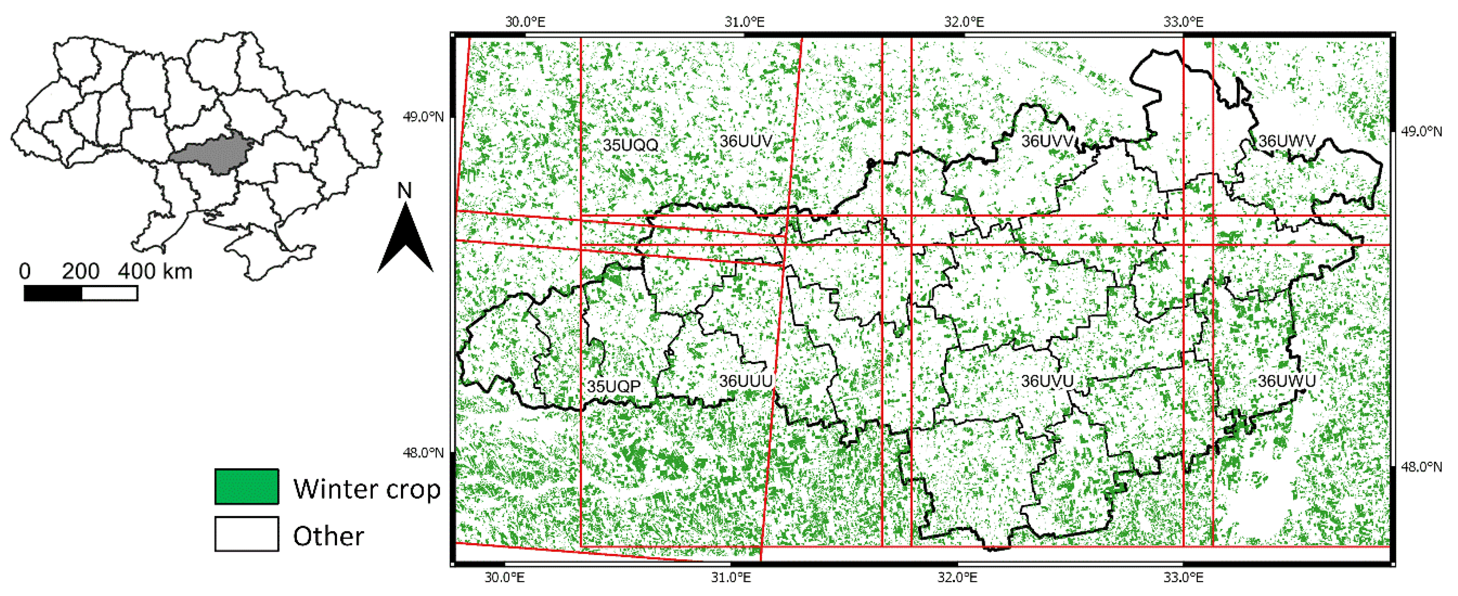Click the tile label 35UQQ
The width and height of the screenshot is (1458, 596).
pyautogui.click(x=630, y=145)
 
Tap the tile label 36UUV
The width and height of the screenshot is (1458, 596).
pyautogui.click(x=745, y=141)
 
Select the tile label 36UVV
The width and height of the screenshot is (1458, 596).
pyautogui.click(x=1047, y=141)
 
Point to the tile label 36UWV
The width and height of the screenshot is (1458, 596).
pyautogui.click(x=1286, y=141)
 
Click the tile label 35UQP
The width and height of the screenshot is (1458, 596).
pyautogui.click(x=614, y=387)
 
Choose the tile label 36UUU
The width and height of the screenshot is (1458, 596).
pyautogui.click(x=745, y=381)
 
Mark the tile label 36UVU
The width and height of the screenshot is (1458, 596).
pyautogui.click(x=1047, y=381)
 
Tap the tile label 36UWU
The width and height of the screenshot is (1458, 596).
pyautogui.click(x=1286, y=381)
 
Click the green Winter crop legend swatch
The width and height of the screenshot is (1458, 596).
pyautogui.click(x=246, y=487)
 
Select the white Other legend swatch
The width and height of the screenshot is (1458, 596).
pyautogui.click(x=246, y=534)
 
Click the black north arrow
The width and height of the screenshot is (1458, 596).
pyautogui.click(x=405, y=240)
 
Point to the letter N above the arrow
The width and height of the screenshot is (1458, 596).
pyautogui.click(x=404, y=191)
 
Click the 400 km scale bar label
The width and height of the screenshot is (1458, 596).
pyautogui.click(x=155, y=272)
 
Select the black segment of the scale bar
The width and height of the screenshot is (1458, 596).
pyautogui.click(x=53, y=293)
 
